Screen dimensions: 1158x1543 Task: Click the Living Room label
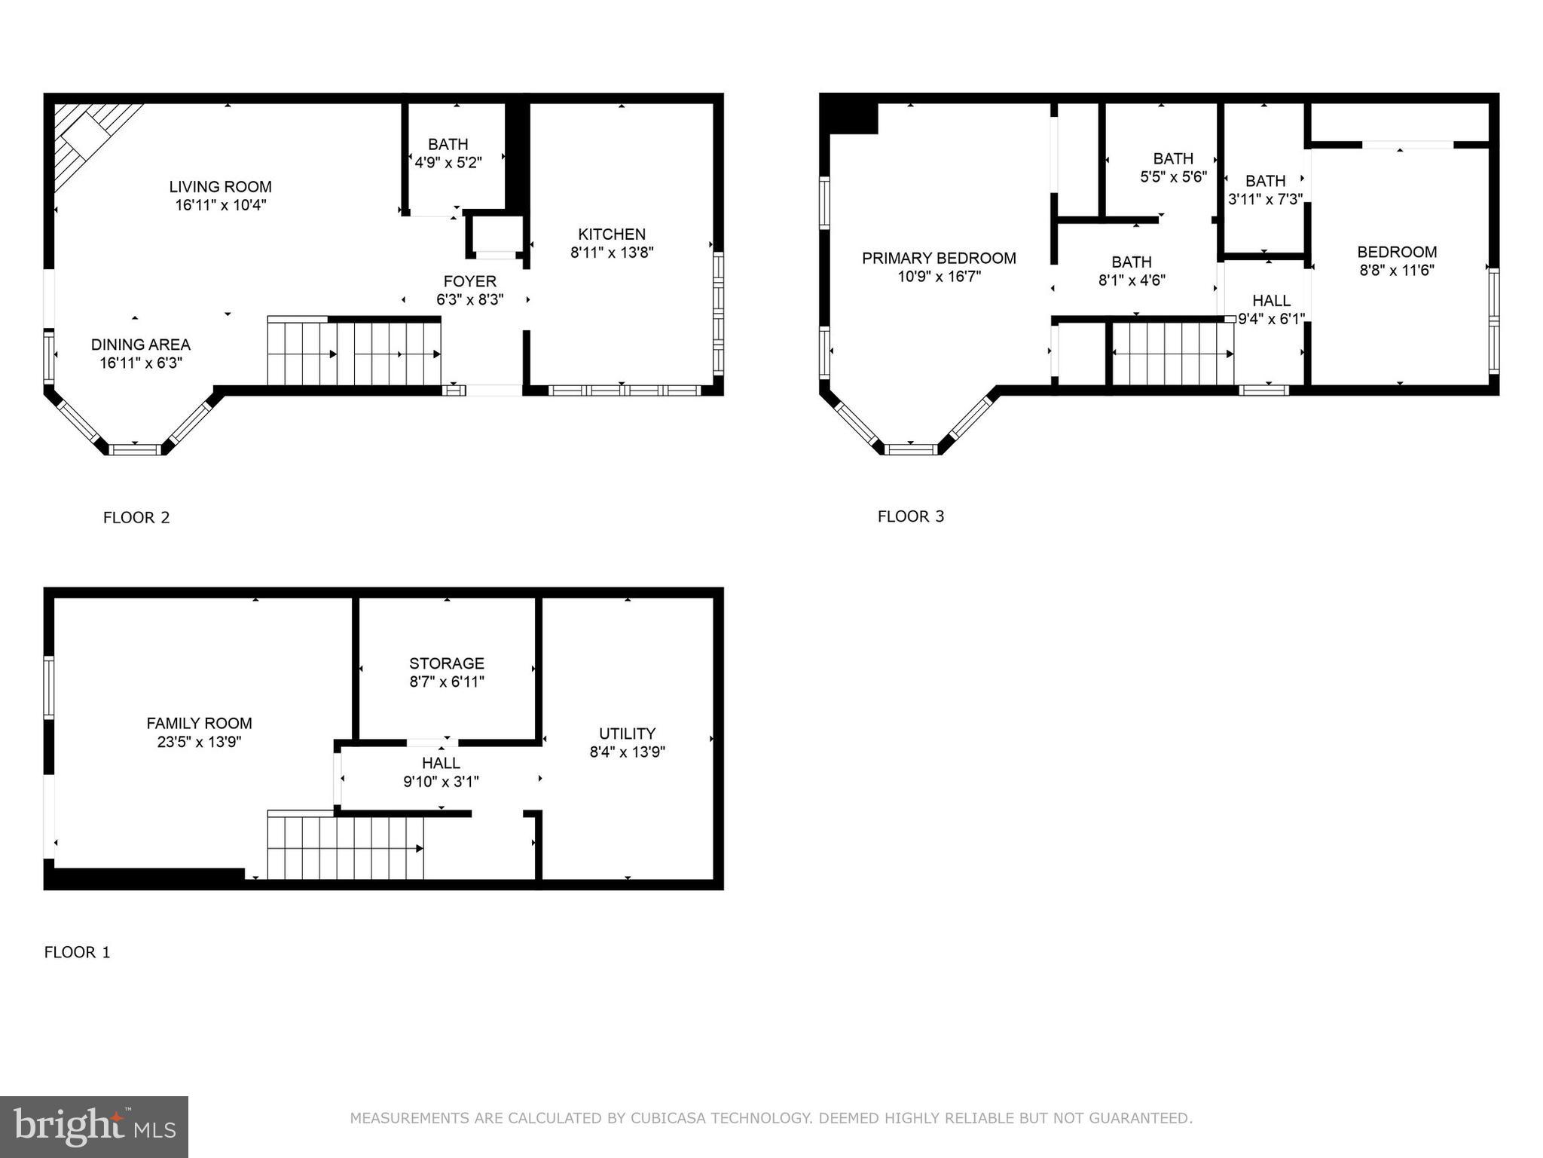[x=220, y=187]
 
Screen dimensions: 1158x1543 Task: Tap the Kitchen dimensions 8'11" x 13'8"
[x=612, y=253]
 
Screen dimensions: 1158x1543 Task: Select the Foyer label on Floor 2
[x=469, y=281]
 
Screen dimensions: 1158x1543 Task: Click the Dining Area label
[x=141, y=345]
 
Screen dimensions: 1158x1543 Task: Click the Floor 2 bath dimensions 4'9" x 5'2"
[x=448, y=162]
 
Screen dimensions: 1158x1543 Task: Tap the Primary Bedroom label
[x=939, y=259]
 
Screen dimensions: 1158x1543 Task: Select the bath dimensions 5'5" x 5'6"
[x=1173, y=177]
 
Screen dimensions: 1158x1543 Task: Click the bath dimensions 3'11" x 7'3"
[x=1265, y=199]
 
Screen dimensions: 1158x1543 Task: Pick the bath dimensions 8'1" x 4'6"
[x=1132, y=280]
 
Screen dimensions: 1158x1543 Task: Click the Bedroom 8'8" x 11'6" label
[x=1397, y=253]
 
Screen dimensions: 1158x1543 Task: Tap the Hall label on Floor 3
[x=1271, y=301]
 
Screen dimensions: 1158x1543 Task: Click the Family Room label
[x=199, y=723]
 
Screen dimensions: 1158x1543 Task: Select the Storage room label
[x=447, y=663]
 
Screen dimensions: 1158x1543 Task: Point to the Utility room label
[x=627, y=734]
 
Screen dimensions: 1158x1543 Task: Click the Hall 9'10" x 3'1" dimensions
[x=441, y=782]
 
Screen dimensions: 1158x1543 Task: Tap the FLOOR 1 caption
[x=78, y=952]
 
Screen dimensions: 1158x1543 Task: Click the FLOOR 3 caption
[x=911, y=516]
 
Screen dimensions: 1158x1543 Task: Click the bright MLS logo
[x=94, y=1126]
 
